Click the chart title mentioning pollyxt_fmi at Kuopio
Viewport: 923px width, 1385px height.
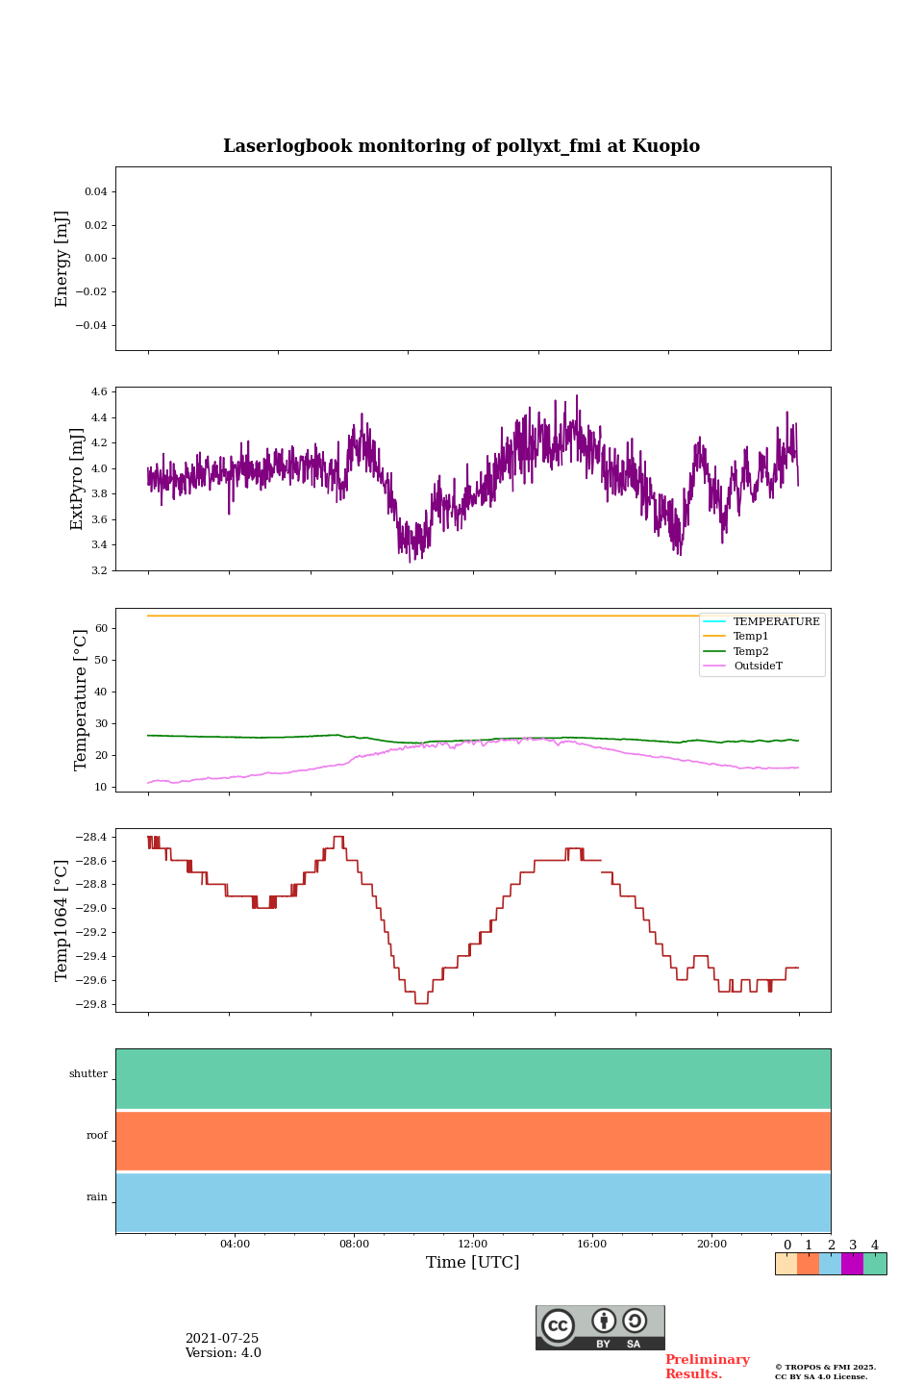tap(461, 146)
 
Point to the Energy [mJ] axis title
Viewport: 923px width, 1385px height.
tap(62, 259)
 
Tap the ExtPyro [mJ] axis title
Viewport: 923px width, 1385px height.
tap(77, 479)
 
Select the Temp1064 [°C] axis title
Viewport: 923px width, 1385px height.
tap(62, 920)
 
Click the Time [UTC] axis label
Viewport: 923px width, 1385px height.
tap(472, 1262)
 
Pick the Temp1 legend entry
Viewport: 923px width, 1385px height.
tap(751, 637)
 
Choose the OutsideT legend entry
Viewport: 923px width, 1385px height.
tap(758, 666)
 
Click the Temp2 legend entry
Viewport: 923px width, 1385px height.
tap(751, 651)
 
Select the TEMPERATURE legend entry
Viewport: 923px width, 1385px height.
tap(776, 622)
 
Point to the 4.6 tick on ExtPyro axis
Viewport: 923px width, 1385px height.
tap(99, 392)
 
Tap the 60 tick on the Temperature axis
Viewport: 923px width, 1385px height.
tap(100, 628)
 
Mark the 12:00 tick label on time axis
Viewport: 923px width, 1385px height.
tap(472, 1244)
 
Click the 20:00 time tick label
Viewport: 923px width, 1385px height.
tap(711, 1244)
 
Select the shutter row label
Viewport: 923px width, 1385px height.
tap(88, 1074)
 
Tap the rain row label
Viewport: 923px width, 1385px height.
tap(97, 1197)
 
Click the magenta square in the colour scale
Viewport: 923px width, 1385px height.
tap(852, 1264)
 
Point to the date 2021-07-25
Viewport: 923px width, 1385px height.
tap(222, 1339)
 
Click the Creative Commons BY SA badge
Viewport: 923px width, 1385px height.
tap(600, 1327)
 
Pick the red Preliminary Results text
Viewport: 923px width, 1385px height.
tap(707, 1367)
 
